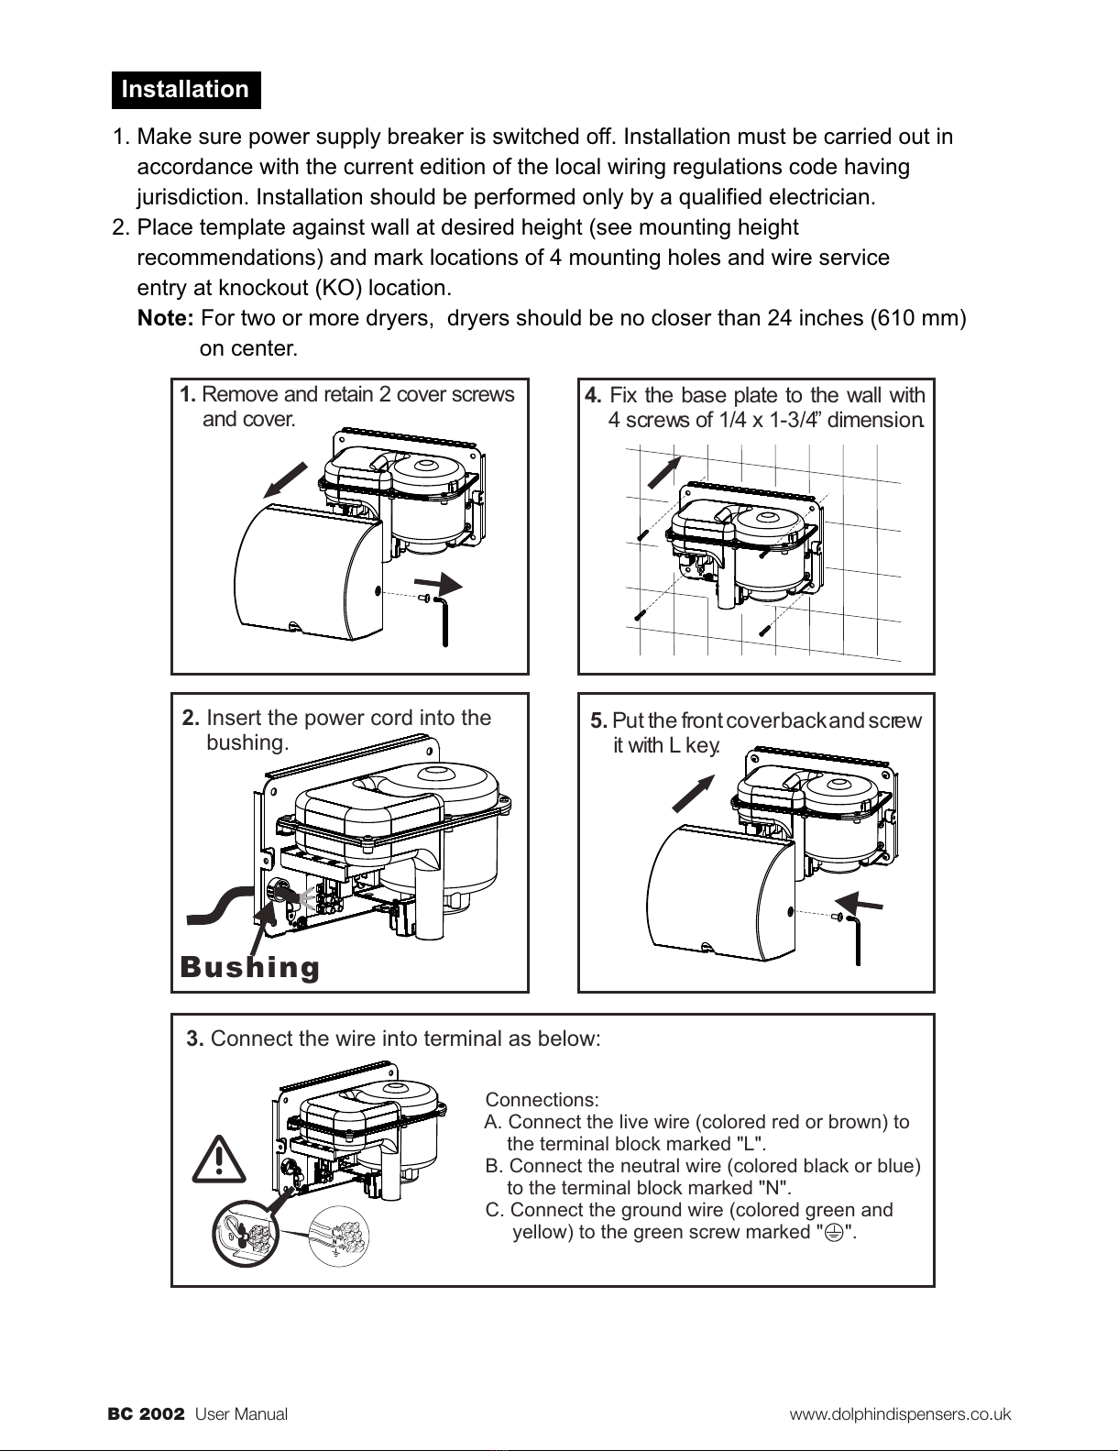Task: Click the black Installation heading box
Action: [186, 90]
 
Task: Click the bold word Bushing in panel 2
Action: [250, 967]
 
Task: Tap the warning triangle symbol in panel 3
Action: [220, 1159]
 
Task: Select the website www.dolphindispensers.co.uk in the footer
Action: [900, 1413]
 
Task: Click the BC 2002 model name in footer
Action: [147, 1413]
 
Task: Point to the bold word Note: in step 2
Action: [165, 319]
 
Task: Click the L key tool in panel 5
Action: [856, 935]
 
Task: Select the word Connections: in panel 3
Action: [542, 1099]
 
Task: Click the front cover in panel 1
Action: [307, 570]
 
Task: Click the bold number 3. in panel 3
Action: [195, 1039]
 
